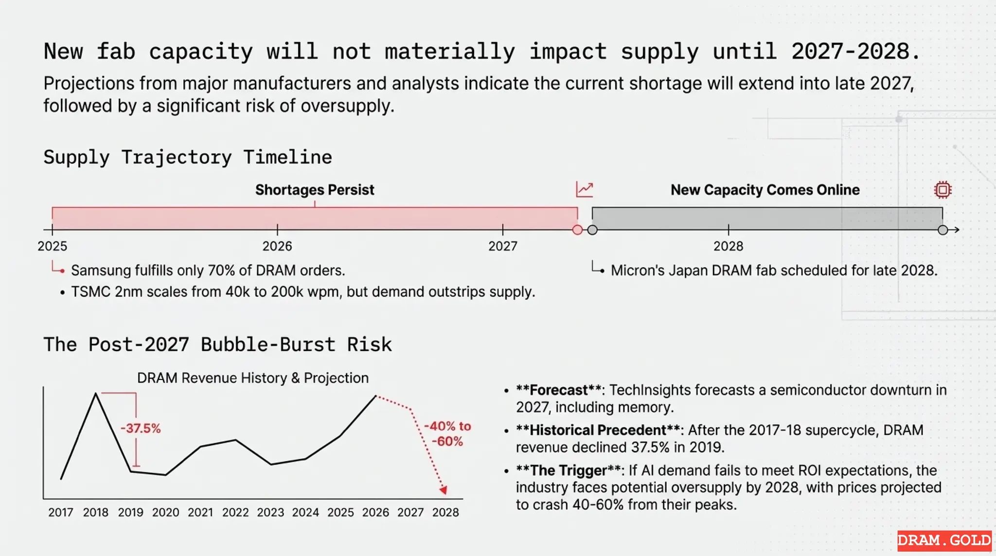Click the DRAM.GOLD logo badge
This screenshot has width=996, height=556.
(944, 540)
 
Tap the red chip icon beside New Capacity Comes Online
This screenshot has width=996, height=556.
(943, 190)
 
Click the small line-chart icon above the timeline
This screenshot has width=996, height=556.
(584, 189)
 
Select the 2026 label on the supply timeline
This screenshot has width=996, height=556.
(277, 246)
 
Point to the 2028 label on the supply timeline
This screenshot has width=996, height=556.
(728, 246)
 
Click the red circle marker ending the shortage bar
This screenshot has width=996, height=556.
(577, 230)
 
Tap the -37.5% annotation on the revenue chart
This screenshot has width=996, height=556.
(141, 429)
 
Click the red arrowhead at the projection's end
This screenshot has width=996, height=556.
(443, 490)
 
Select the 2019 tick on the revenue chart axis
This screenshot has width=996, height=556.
(130, 512)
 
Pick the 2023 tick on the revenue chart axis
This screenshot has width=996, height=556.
(270, 512)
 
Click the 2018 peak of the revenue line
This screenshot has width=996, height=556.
(96, 394)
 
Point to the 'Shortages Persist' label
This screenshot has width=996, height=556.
(315, 190)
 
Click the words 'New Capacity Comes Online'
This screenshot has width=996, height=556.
(765, 190)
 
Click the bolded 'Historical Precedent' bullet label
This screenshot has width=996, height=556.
(598, 430)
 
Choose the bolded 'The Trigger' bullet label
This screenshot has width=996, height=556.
(568, 470)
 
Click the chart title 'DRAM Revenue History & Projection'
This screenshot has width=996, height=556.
(253, 378)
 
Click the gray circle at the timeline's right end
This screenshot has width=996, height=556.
(943, 230)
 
